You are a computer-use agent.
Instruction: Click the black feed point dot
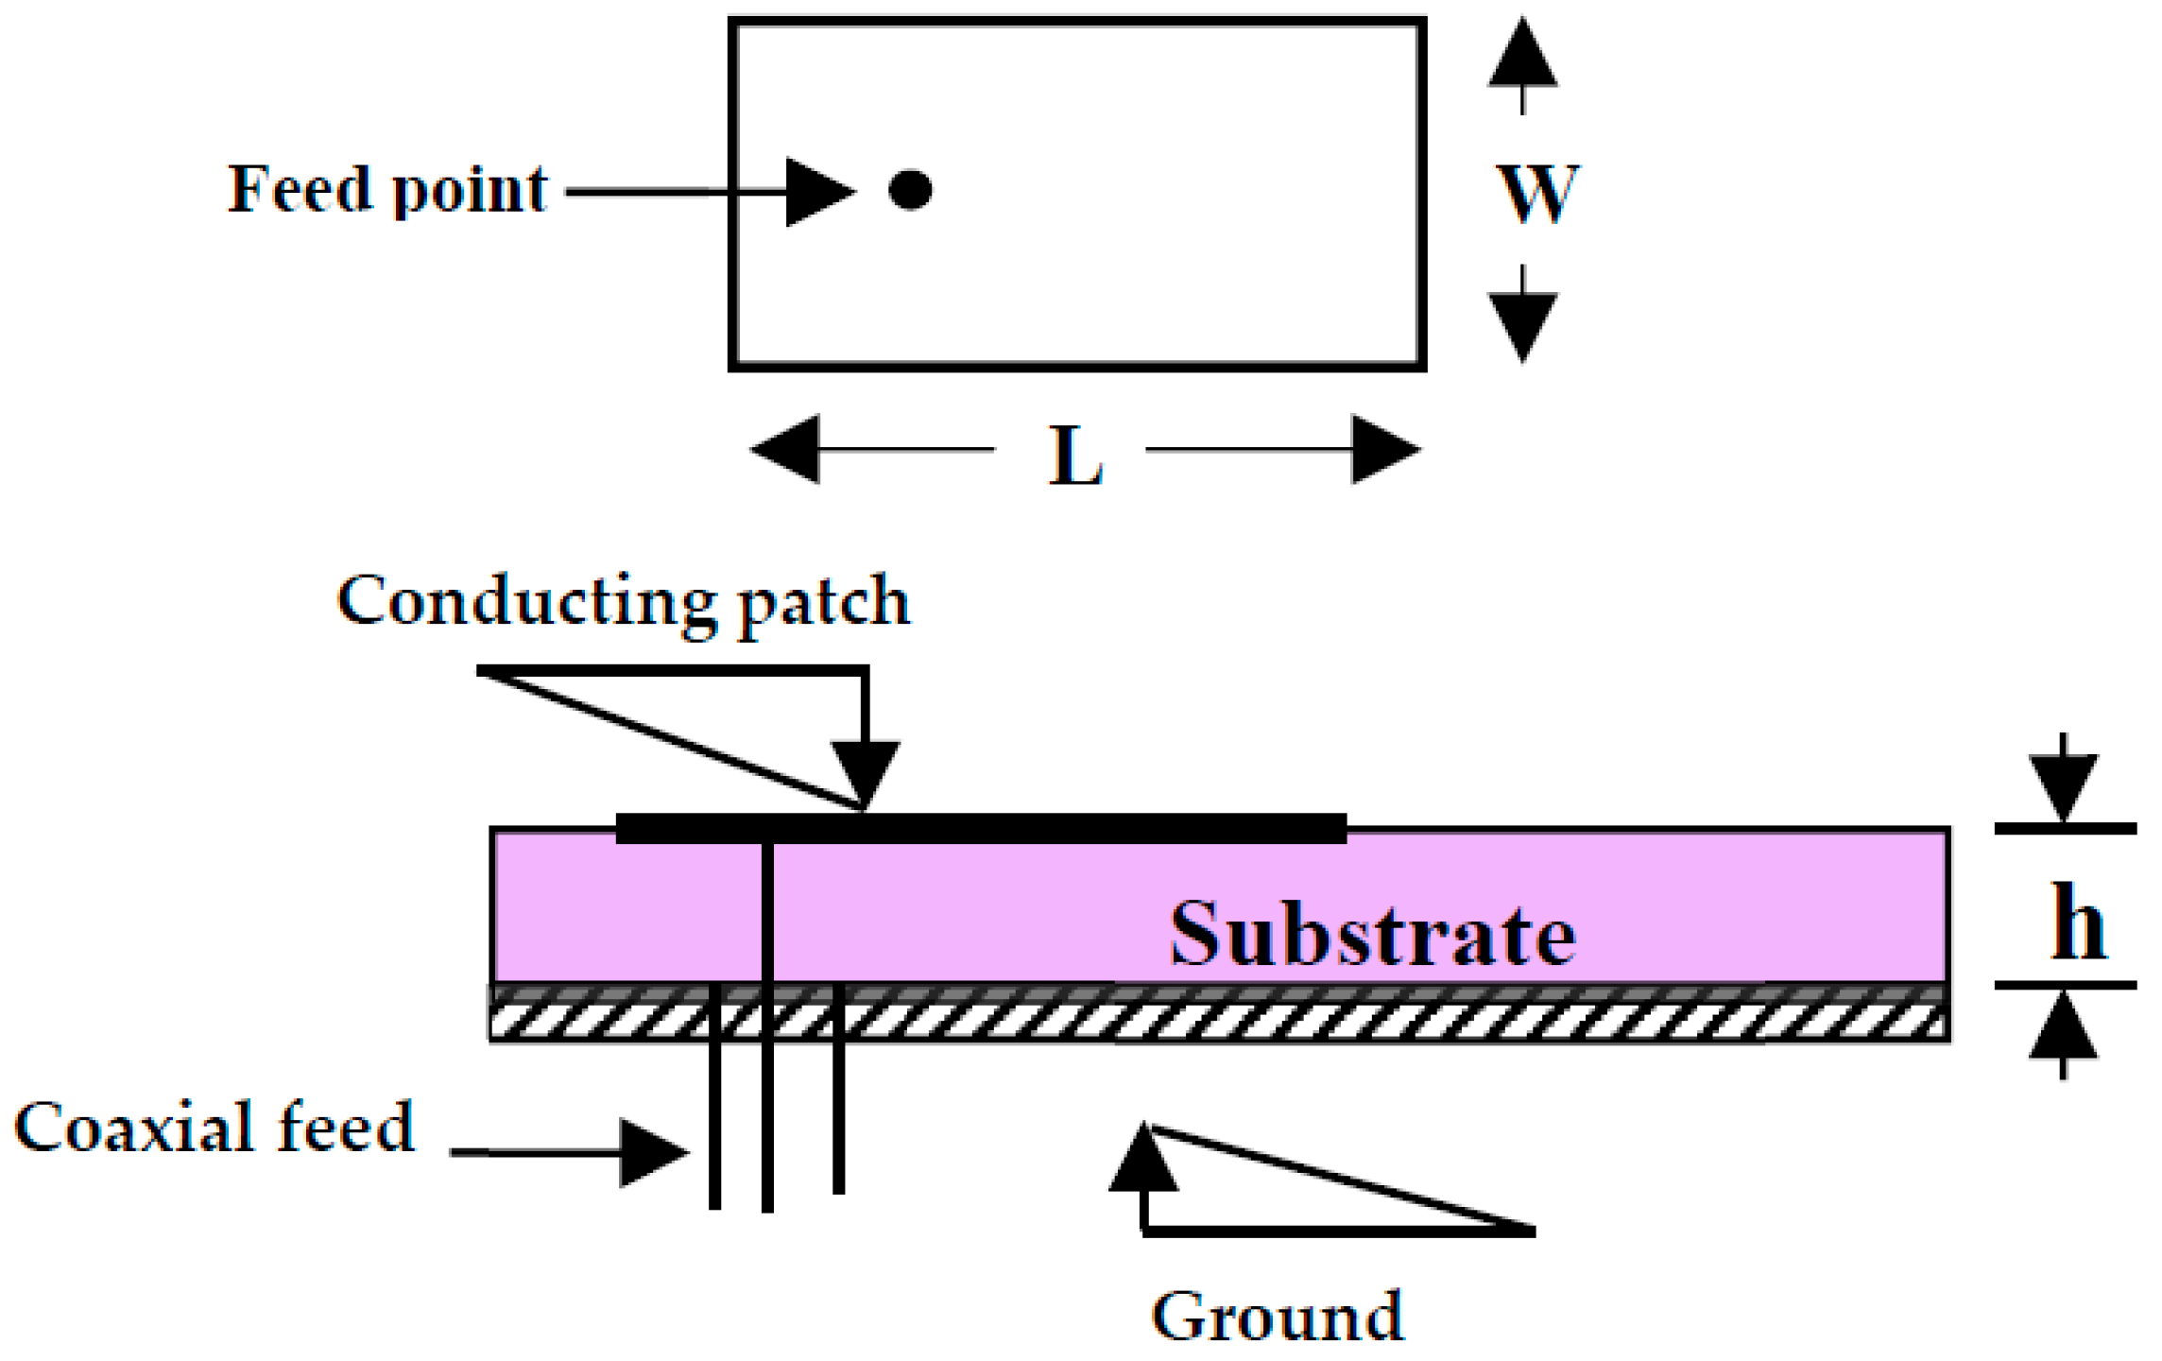(910, 190)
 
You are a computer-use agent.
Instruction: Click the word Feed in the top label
(300, 189)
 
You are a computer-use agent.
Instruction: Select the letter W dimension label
(1537, 194)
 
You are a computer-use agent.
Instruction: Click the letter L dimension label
(1075, 457)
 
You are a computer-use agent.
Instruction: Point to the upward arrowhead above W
(1522, 56)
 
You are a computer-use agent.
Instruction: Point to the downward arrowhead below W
(1522, 324)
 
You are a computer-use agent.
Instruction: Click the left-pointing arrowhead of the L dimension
(787, 449)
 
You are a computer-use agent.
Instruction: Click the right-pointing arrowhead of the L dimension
(1384, 449)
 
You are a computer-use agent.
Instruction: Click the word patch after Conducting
(824, 605)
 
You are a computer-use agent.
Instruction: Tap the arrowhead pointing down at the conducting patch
(865, 772)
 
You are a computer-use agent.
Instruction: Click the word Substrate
(1372, 936)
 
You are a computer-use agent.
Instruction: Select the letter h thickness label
(2078, 924)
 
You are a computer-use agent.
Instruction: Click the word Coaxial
(134, 1128)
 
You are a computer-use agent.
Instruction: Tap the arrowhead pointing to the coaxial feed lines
(652, 1152)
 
